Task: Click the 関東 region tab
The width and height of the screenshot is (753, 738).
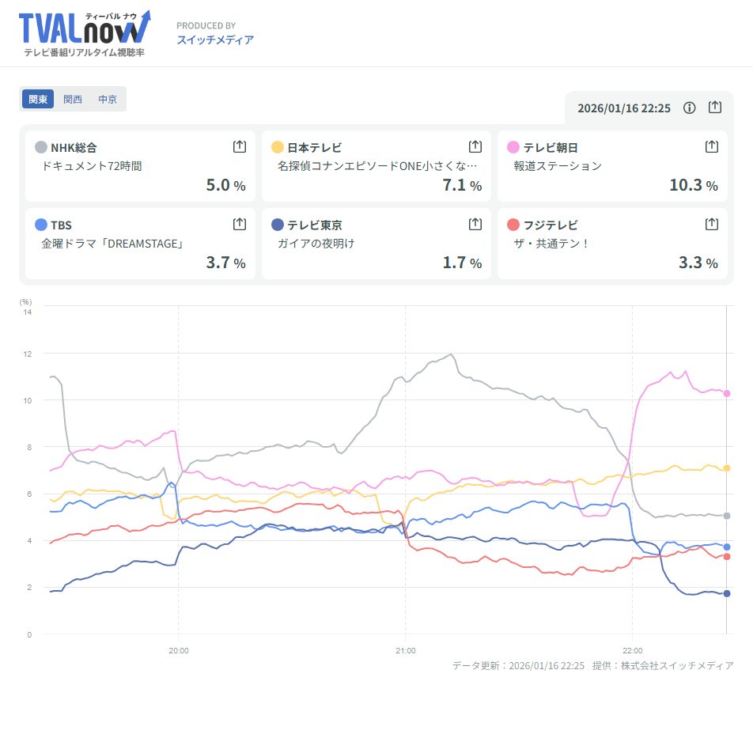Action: [x=38, y=100]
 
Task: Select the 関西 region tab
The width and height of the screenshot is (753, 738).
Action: [x=73, y=100]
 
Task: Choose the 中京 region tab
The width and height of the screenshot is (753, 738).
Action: [x=108, y=100]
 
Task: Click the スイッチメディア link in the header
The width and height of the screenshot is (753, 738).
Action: [x=215, y=40]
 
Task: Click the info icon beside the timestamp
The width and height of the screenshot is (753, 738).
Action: [x=689, y=108]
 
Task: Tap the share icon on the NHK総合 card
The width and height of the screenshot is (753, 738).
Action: [x=240, y=146]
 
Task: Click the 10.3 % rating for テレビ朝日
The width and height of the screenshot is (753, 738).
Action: [x=693, y=185]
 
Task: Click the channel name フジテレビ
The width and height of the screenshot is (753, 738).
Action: [x=551, y=225]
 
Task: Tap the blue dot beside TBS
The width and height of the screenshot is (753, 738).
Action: [x=41, y=225]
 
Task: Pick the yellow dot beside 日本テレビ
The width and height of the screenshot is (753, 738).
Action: [x=278, y=147]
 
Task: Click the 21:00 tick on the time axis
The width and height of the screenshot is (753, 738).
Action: [x=405, y=650]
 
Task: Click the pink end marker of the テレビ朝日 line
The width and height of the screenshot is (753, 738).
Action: [x=727, y=393]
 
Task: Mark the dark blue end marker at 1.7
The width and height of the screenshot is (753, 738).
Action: [x=727, y=593]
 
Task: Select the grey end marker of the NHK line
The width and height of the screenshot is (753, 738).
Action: [x=727, y=516]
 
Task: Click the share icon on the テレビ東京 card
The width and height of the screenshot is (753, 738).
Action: [x=475, y=224]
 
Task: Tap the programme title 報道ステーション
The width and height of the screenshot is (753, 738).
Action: [x=558, y=166]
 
